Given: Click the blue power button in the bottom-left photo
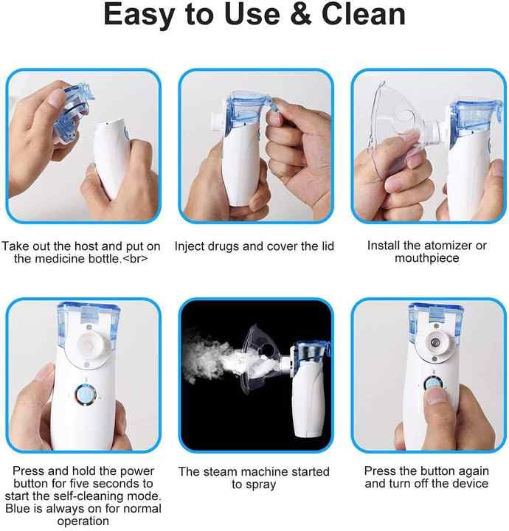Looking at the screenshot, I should tap(87, 395).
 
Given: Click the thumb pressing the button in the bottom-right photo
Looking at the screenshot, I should tap(435, 403).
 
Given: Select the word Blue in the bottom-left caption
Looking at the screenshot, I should tap(19, 509).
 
